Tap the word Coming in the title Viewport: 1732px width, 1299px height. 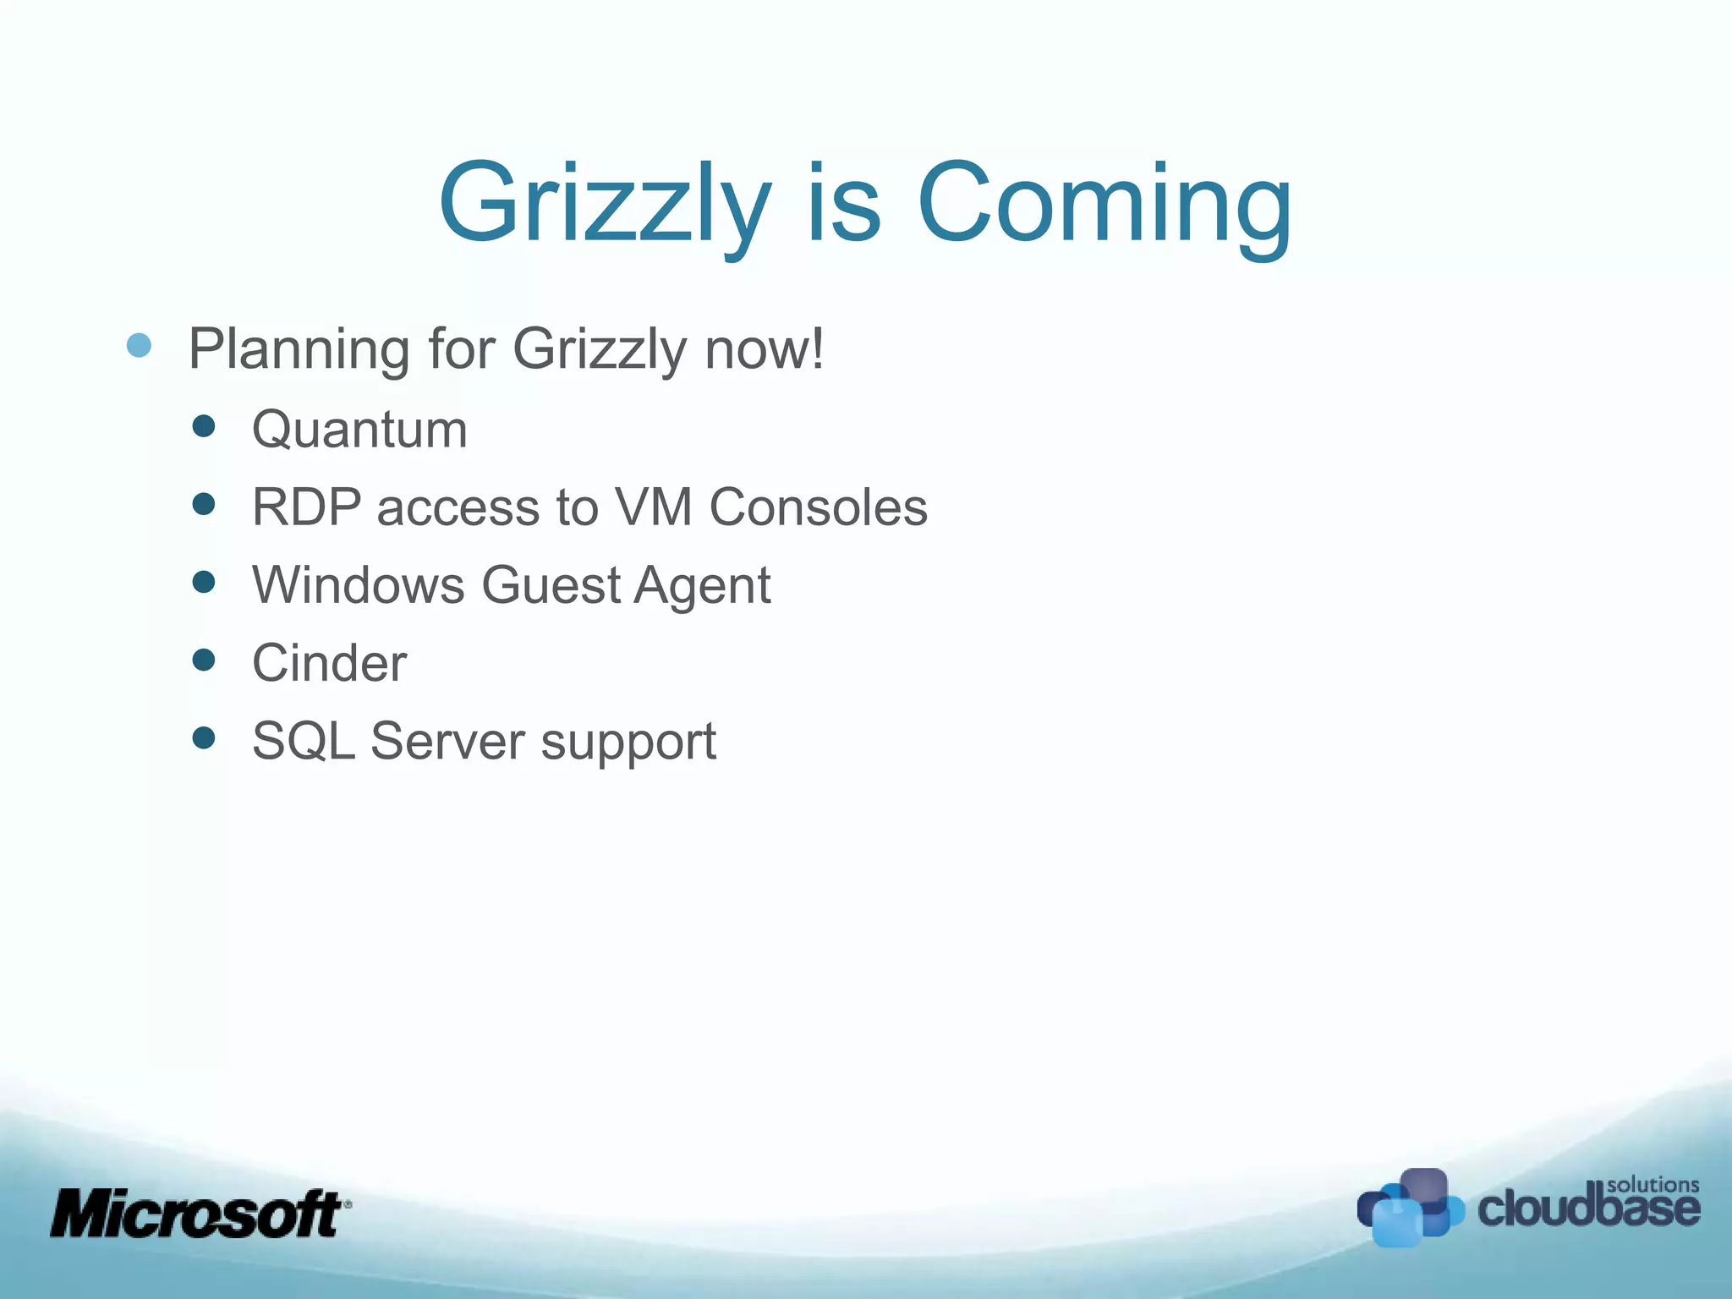(1104, 205)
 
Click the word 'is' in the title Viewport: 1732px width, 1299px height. (843, 205)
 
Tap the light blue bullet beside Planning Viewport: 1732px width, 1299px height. (139, 345)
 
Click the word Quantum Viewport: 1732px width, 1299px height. (359, 430)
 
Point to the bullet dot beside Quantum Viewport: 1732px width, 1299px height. (204, 425)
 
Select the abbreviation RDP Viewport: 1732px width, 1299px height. (306, 507)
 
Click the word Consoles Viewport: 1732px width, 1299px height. (818, 507)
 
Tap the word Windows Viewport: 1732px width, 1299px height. (359, 585)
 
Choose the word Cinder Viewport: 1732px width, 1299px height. (330, 663)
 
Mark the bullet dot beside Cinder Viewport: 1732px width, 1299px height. (204, 660)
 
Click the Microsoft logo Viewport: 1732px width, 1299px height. (200, 1214)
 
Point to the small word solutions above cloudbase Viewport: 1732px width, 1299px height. (1653, 1185)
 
